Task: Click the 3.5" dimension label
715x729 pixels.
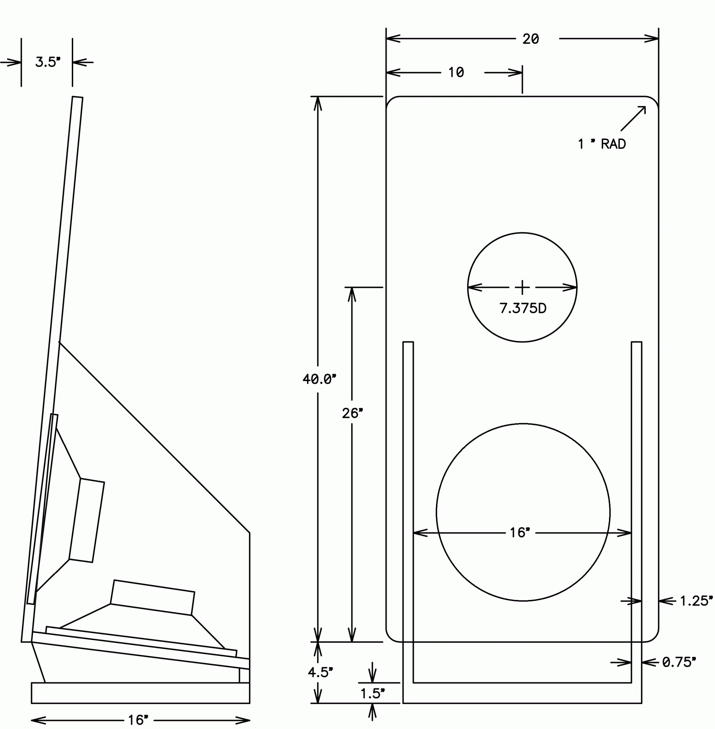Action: pos(48,62)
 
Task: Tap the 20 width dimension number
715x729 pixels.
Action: pos(531,39)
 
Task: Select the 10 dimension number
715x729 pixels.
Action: pos(456,72)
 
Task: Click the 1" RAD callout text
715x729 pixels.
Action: pos(602,144)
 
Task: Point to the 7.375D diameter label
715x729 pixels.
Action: pos(522,308)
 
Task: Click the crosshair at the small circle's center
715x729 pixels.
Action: pos(522,288)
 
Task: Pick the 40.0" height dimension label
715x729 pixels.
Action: pos(319,379)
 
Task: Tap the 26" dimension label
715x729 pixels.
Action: pos(352,413)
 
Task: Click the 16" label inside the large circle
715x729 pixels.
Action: pos(520,533)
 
